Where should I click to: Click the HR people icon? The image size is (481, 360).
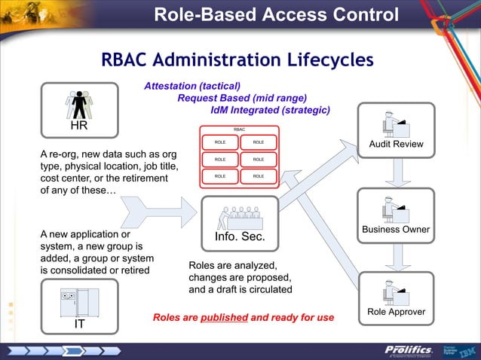78,104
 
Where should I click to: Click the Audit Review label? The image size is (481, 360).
396,145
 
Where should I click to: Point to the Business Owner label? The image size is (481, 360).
396,230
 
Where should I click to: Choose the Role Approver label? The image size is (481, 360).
396,312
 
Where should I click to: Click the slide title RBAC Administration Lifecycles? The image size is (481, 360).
237,59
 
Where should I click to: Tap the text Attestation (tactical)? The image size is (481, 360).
192,87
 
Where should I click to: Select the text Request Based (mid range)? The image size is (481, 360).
242,98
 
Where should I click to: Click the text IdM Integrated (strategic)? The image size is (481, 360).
270,110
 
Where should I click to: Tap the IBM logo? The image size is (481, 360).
467,350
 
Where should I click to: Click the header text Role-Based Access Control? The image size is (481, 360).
276,15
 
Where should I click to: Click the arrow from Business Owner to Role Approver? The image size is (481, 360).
396,257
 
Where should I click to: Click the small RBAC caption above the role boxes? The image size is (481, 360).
239,130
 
